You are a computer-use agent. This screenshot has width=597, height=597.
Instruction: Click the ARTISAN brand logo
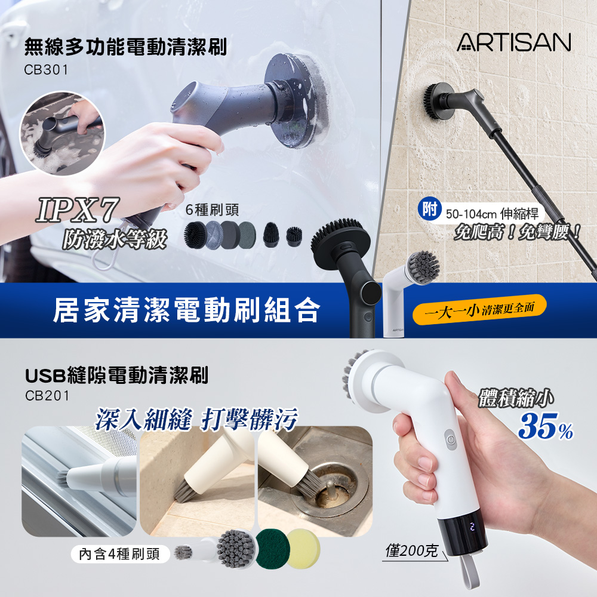pos(513,42)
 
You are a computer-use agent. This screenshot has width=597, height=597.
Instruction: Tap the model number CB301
pos(46,70)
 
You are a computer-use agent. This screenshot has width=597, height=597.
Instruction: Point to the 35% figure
pos(546,426)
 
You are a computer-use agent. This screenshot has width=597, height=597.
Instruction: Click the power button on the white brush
pos(451,439)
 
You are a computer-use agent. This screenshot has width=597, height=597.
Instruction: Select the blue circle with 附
pos(429,209)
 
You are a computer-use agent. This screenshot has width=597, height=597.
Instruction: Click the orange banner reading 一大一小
pos(480,309)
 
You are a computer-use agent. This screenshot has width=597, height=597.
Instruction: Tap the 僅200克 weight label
pos(411,550)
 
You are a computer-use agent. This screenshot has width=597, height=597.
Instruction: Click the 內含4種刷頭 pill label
pos(119,554)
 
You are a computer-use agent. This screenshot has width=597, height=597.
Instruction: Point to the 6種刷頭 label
pos(212,210)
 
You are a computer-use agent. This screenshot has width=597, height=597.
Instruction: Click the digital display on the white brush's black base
pos(472,527)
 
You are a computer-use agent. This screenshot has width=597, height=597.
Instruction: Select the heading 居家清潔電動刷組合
pos(186,310)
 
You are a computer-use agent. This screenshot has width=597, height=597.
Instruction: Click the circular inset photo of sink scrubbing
pos(62,133)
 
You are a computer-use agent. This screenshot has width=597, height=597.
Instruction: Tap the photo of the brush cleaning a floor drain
pos(315,481)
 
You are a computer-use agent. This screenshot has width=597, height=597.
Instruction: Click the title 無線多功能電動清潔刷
pos(125,47)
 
